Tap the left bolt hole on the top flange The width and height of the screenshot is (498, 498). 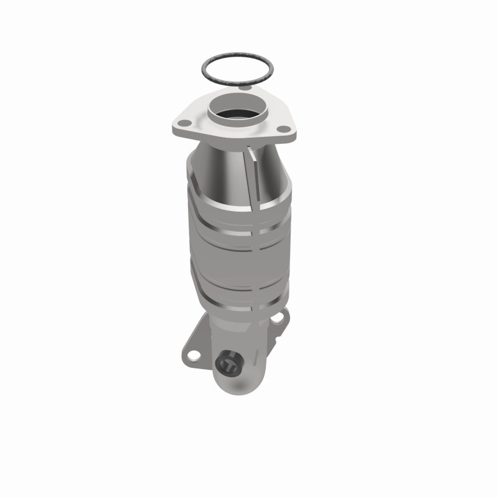(x=184, y=123)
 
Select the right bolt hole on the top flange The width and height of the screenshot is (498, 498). (x=284, y=129)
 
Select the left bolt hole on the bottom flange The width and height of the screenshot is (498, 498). (x=192, y=356)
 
